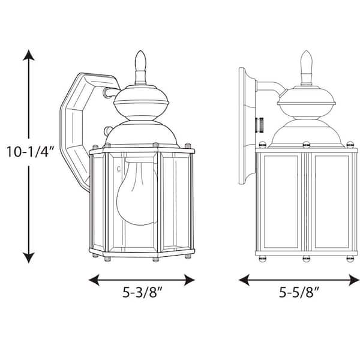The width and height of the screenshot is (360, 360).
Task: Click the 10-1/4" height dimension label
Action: (30, 152)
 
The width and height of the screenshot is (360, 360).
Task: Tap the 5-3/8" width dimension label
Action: (142, 292)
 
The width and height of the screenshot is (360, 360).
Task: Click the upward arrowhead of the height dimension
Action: (29, 55)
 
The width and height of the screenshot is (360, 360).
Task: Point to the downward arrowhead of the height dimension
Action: (29, 257)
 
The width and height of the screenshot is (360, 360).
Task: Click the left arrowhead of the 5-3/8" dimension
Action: (94, 280)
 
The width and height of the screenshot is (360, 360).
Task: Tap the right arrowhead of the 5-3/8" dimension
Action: (190, 280)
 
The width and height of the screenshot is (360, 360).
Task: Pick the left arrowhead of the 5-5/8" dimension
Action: (244, 280)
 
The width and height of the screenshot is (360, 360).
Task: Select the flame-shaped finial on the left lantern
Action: (140, 68)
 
